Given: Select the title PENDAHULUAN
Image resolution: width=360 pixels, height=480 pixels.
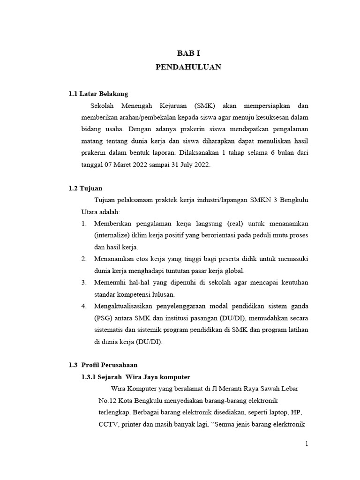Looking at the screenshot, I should click(x=188, y=67).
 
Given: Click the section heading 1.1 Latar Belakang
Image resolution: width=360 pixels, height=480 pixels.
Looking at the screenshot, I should click(x=98, y=94).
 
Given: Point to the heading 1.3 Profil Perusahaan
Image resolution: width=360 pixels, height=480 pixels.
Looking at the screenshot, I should click(x=103, y=365).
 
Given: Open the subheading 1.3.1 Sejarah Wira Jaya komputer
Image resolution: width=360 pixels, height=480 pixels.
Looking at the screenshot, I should click(x=136, y=377).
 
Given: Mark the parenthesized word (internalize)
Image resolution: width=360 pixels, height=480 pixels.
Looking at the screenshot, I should click(x=114, y=235).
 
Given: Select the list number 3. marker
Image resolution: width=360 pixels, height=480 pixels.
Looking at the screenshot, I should click(x=84, y=283).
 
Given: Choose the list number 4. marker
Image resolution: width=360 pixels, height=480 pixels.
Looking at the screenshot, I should click(x=84, y=306).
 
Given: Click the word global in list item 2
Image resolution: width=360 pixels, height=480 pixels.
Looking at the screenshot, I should click(x=234, y=270).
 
